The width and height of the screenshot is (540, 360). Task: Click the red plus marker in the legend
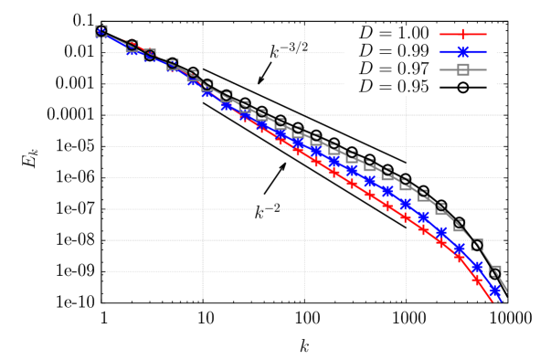[x=462, y=35]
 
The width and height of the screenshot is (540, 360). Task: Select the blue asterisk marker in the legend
[x=462, y=52]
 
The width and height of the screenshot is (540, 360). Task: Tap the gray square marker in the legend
[x=462, y=69]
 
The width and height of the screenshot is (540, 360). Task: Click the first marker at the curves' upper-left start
[x=101, y=31]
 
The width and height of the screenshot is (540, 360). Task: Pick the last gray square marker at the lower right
[x=494, y=273]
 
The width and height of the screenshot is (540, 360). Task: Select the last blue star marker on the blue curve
[x=494, y=291]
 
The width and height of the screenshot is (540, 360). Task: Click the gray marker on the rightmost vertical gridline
[x=406, y=182]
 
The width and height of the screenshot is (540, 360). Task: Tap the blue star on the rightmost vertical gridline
[x=406, y=203]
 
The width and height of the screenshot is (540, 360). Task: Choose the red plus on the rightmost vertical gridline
[x=406, y=217]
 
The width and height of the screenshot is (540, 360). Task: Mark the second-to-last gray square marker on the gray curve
[x=476, y=245]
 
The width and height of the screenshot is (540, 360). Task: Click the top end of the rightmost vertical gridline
[x=406, y=96]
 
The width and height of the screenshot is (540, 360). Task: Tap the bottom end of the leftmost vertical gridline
[x=203, y=299]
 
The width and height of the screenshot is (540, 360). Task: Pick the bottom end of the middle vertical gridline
[x=304, y=299]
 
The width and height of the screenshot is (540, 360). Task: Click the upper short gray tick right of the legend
[x=500, y=52]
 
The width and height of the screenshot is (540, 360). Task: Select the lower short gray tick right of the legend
[x=500, y=83]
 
